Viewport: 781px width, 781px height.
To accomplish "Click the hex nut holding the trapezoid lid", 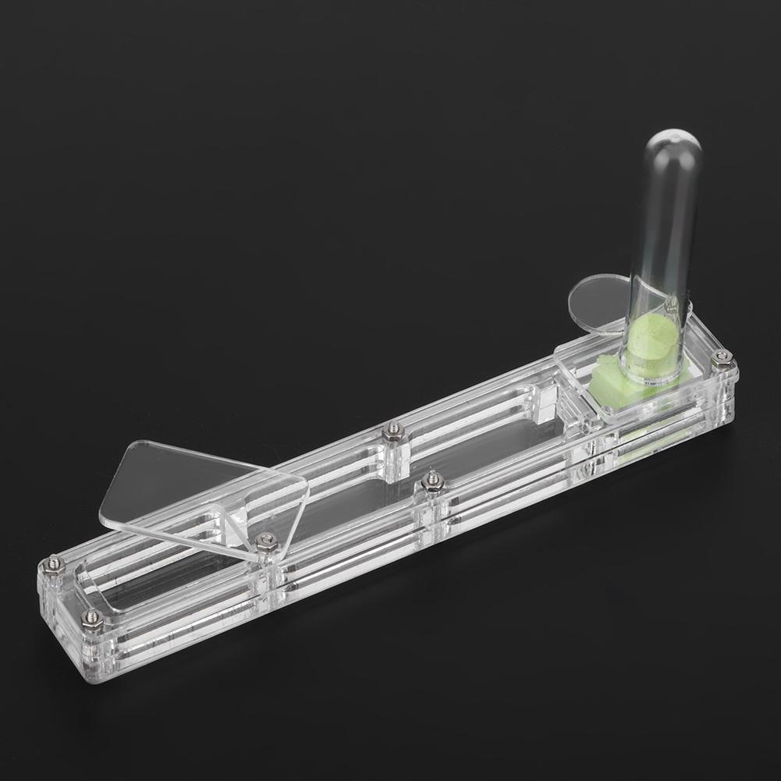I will (x=266, y=541).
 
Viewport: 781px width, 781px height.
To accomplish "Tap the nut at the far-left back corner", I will (x=53, y=563).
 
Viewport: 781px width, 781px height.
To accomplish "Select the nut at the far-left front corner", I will (x=92, y=618).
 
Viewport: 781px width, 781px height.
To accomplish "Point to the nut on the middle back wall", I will (x=393, y=431).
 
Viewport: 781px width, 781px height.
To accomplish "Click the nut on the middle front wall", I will (x=432, y=481).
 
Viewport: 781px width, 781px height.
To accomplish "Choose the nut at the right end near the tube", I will (x=722, y=359).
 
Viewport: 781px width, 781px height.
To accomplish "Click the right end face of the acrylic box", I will (x=730, y=398).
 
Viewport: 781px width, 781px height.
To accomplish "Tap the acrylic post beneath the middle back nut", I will (x=395, y=460).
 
